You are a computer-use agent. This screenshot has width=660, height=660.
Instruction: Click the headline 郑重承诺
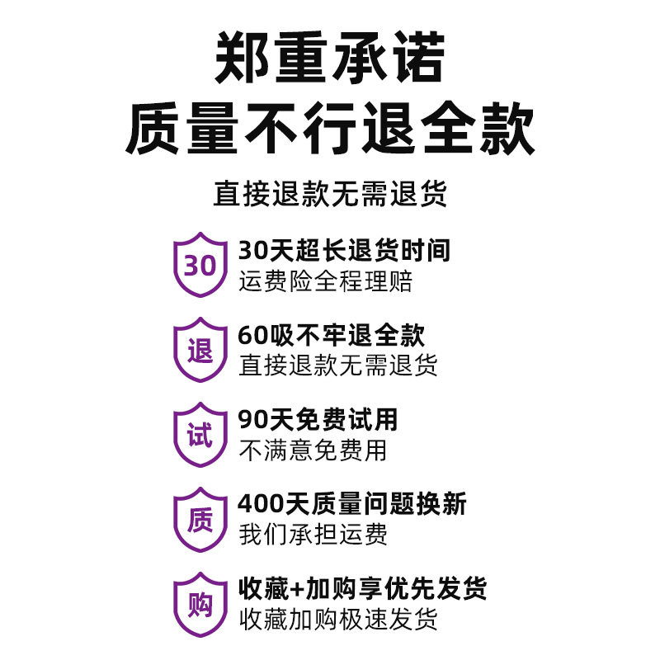coord(330,59)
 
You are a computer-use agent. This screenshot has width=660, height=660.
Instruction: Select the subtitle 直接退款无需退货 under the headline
coord(330,195)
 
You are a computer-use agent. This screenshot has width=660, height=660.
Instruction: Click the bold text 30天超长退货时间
coord(344,250)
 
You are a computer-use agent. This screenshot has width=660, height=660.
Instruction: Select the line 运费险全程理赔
coord(325,281)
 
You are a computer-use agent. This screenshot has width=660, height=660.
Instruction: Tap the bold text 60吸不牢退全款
coord(332,335)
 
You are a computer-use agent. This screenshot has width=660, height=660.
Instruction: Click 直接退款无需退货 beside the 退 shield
coord(338,365)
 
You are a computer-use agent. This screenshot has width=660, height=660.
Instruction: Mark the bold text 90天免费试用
coord(318,419)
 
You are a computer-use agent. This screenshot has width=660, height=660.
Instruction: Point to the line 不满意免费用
coord(313,450)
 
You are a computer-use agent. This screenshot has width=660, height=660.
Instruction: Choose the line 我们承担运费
coord(313,535)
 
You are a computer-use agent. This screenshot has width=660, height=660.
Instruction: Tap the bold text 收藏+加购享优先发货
coord(363,588)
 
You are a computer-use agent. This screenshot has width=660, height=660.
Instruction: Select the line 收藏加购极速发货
coord(338,619)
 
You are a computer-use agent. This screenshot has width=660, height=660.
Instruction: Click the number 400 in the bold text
coord(258,503)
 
